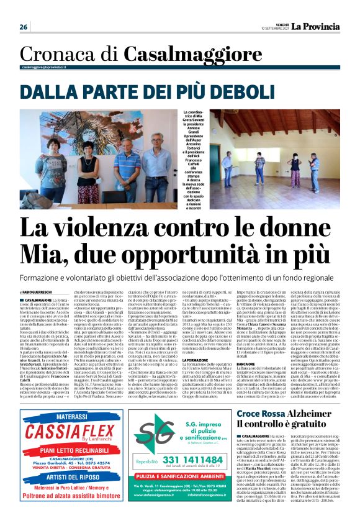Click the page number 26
tap(24, 27)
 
